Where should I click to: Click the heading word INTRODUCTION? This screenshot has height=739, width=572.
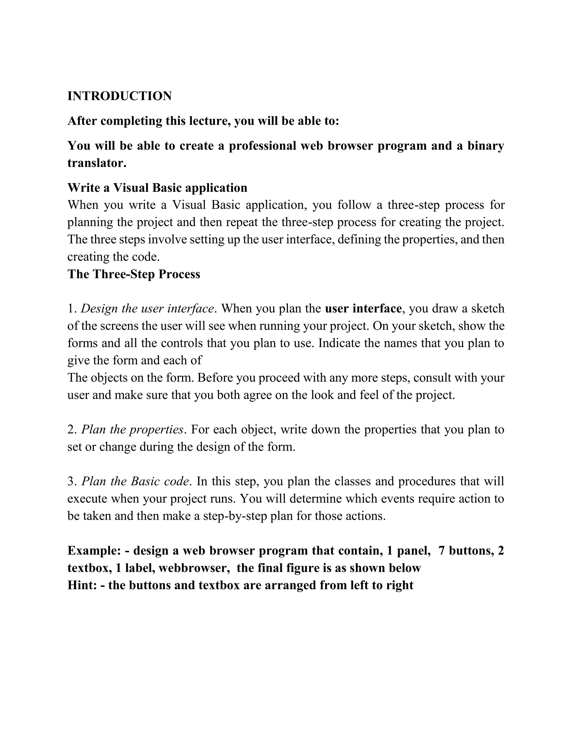119,96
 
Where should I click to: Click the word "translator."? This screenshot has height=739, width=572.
97,163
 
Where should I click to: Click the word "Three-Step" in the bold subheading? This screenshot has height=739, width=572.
123,274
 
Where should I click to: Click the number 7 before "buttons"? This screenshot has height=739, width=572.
442,551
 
